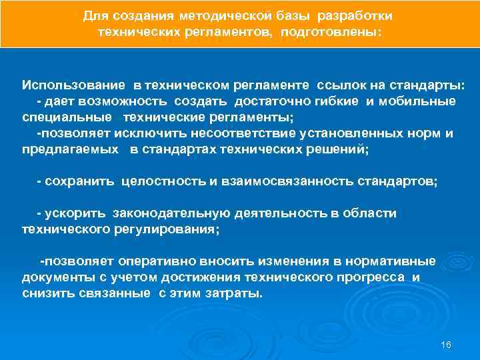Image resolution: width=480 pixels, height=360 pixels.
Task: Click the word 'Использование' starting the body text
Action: coord(73,85)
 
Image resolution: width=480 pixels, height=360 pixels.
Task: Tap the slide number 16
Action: coord(446,344)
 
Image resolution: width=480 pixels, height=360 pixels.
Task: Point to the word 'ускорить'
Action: coord(75,213)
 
